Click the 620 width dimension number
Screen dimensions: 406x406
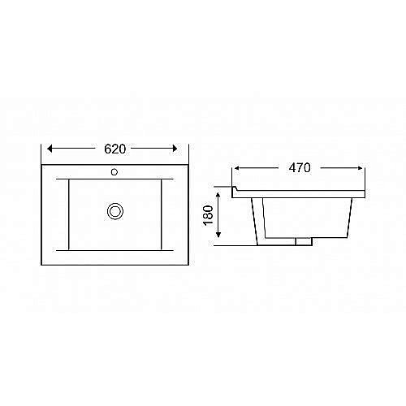pyautogui.click(x=114, y=149)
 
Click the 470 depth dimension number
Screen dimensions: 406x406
pyautogui.click(x=300, y=169)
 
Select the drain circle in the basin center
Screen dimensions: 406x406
pyautogui.click(x=114, y=211)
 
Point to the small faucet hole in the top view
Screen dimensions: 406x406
pyautogui.click(x=114, y=172)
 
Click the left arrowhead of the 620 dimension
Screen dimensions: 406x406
pyautogui.click(x=51, y=149)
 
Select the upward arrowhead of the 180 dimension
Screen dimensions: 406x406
pyautogui.click(x=218, y=188)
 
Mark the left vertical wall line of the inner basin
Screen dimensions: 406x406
pyautogui.click(x=68, y=214)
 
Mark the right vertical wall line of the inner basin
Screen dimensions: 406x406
pyautogui.click(x=162, y=214)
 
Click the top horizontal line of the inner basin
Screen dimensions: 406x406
pyautogui.click(x=114, y=178)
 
